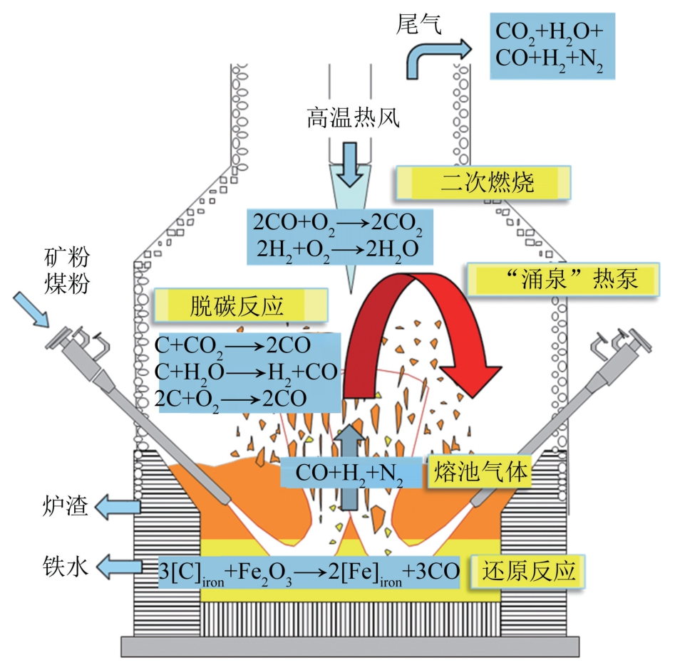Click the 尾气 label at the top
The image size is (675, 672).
point(418,23)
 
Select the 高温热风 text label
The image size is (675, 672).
point(353,117)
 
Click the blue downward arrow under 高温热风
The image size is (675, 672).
point(350,164)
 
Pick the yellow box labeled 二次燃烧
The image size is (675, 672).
point(483,183)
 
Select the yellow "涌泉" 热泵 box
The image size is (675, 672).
point(564,279)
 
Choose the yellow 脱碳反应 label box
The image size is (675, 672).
point(241,305)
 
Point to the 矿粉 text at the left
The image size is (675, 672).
point(67,257)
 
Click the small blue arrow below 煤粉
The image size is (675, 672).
point(31,310)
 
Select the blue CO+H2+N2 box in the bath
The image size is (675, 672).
point(351,473)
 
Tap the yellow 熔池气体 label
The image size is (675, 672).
point(480,472)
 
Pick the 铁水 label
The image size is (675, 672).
point(66,566)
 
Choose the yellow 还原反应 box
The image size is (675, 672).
point(528,572)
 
